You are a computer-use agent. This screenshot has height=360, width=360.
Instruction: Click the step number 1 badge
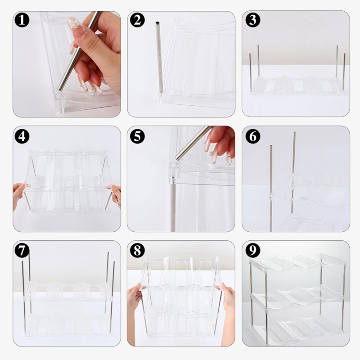pyautogui.click(x=22, y=20)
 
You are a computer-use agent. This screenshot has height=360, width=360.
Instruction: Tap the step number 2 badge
pyautogui.click(x=137, y=20)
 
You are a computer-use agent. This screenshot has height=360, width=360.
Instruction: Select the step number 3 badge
pyautogui.click(x=253, y=20)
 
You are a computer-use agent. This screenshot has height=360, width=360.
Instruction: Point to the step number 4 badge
pyautogui.click(x=22, y=137)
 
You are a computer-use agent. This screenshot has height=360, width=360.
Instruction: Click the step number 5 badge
pyautogui.click(x=137, y=137)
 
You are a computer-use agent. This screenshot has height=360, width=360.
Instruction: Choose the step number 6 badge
pyautogui.click(x=253, y=137)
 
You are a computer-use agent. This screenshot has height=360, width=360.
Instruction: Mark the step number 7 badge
pyautogui.click(x=22, y=250)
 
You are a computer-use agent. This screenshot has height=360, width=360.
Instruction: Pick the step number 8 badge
pyautogui.click(x=137, y=250)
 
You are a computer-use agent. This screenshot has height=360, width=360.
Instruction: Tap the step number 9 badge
pyautogui.click(x=253, y=250)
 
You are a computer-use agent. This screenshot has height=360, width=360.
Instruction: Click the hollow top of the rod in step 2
pyautogui.click(x=157, y=23)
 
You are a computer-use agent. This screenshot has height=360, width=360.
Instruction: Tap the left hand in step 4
pyautogui.click(x=18, y=195)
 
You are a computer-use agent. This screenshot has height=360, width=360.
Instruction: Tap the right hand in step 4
pyautogui.click(x=115, y=195)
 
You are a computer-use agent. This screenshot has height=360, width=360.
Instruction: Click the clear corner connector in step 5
pyautogui.click(x=174, y=171)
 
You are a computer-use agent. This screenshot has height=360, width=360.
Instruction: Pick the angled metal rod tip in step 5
pyautogui.click(x=178, y=157)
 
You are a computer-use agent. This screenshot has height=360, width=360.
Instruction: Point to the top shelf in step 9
pyautogui.click(x=297, y=262)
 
